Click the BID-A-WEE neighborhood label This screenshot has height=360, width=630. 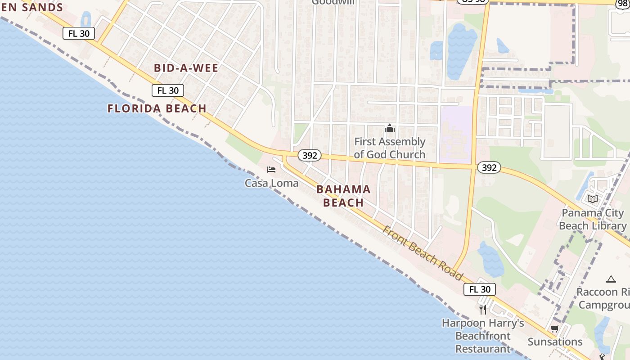[x=186, y=68]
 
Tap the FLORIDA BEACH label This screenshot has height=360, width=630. [x=157, y=108]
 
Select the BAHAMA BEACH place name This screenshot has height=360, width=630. [x=343, y=196]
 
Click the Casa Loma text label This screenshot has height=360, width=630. [x=271, y=183]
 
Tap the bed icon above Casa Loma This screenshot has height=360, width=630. [x=271, y=170]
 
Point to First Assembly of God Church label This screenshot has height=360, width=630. [x=390, y=148]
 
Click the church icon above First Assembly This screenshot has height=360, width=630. [x=390, y=129]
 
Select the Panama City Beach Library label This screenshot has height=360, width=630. [x=593, y=219]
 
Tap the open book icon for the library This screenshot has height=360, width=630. [x=593, y=199]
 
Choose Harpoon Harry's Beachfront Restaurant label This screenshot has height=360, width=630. [x=483, y=336]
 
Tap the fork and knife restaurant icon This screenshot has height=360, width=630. [x=483, y=310]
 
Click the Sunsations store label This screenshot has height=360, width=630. [x=555, y=342]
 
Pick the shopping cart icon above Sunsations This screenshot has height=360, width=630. [x=555, y=329]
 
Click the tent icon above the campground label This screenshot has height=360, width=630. [x=611, y=279]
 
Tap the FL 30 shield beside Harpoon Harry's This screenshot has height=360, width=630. [x=480, y=289]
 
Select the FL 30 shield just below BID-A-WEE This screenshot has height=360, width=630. [x=168, y=90]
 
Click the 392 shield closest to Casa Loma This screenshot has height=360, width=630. [x=310, y=156]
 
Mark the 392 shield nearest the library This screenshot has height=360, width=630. [x=489, y=168]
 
